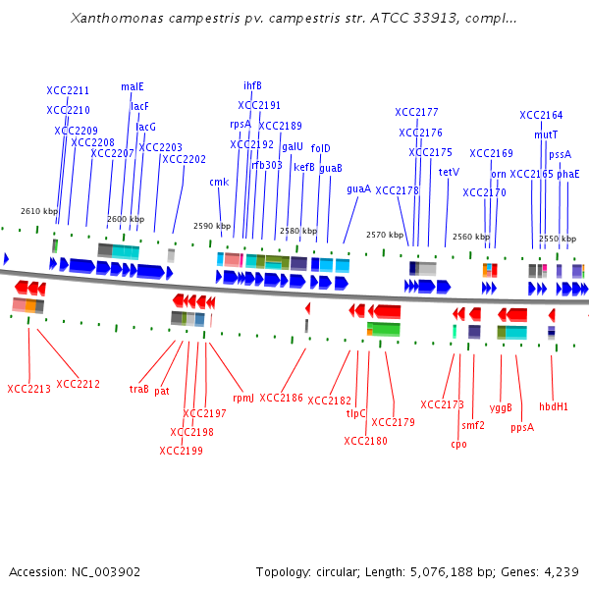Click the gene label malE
tap(132, 86)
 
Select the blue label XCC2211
tap(68, 91)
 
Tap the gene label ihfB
tap(252, 85)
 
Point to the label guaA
tap(358, 188)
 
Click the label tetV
tap(449, 172)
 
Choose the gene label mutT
tap(546, 134)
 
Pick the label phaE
tap(567, 174)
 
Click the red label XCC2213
tap(28, 389)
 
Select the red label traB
tap(139, 389)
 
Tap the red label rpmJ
tap(242, 399)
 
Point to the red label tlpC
tap(355, 413)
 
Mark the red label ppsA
tap(522, 427)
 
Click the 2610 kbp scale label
tap(39, 211)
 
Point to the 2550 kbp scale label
tap(557, 239)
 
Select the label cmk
tap(219, 182)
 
